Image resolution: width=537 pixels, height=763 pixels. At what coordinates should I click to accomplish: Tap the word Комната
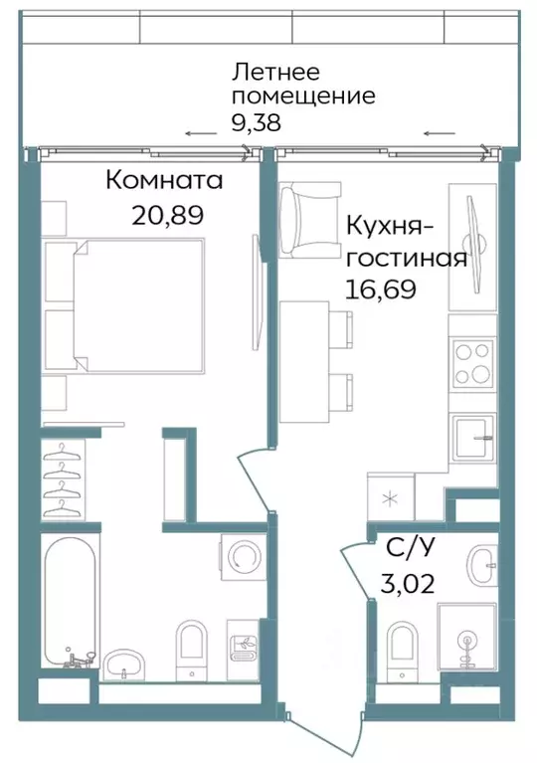click(164, 181)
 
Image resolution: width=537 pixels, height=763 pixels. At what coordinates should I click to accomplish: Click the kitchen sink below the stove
click(472, 436)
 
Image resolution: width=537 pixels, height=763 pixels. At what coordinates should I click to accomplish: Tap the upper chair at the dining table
click(344, 326)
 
